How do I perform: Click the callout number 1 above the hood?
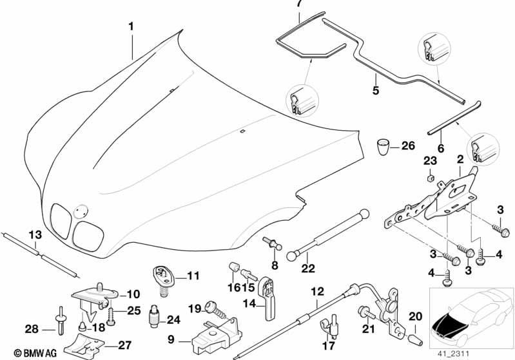(131, 26)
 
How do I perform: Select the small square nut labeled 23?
(431, 178)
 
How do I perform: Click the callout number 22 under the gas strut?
(308, 269)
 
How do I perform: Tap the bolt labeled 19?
(215, 311)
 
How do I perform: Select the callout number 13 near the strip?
(35, 235)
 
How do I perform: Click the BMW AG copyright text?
(35, 353)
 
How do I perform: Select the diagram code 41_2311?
(453, 354)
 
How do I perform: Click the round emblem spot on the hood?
(81, 211)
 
